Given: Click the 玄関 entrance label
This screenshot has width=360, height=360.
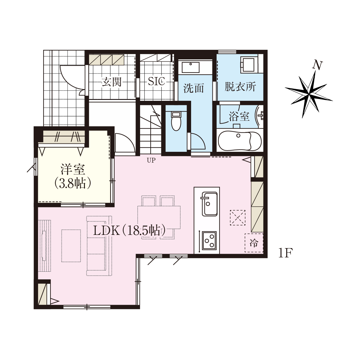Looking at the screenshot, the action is [112, 82].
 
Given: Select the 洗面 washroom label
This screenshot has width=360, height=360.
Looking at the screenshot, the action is [193, 88].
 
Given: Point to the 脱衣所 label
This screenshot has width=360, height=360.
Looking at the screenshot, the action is [240, 87].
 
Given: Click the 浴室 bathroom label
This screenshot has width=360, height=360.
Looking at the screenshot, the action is [239, 117].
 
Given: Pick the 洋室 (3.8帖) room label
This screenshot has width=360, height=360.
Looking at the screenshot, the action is [73, 176].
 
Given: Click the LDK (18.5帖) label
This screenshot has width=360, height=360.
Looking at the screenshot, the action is [129, 231].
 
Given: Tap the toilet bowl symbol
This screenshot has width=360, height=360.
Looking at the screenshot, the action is [176, 121].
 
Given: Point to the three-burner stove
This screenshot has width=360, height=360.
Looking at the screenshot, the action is [209, 241].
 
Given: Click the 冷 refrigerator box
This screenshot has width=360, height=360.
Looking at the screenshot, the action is [254, 243].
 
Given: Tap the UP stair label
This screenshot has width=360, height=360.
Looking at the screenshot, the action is [151, 160].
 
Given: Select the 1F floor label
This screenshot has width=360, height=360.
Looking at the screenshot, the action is [285, 253].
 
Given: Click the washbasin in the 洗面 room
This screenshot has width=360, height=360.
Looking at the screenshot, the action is [190, 67].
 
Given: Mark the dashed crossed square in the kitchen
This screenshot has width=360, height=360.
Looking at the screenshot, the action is [238, 217].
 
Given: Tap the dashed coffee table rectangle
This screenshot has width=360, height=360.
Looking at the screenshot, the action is [71, 246].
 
